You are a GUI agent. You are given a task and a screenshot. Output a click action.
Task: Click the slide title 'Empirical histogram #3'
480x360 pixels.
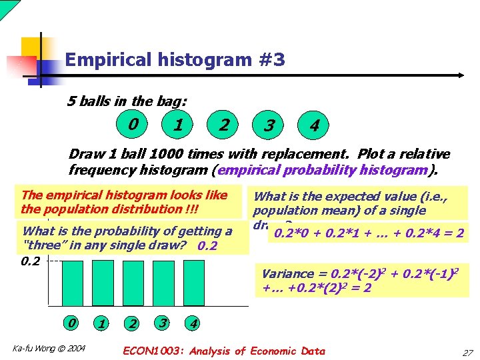point(175,61)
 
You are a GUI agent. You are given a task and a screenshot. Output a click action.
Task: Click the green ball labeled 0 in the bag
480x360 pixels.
point(135,124)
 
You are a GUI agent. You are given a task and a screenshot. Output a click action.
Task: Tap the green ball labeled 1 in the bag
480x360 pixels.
point(178,125)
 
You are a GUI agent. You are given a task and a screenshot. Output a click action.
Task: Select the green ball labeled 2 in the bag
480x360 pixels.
point(225,125)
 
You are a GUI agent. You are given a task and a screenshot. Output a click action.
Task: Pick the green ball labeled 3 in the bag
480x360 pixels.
point(269,125)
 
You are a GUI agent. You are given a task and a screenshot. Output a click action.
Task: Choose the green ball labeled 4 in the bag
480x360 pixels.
point(314,125)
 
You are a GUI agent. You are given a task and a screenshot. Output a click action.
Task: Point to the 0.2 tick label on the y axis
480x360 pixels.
point(31,261)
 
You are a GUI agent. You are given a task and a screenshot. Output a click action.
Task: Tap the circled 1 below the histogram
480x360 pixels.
point(101,323)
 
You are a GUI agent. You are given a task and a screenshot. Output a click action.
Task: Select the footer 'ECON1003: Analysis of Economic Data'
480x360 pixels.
point(225,351)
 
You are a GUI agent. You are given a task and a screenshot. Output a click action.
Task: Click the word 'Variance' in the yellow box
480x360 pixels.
point(287,273)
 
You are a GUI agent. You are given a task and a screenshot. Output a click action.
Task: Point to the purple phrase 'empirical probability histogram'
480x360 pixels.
point(322,169)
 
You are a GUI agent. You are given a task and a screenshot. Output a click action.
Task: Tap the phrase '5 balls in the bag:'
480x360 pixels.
point(127,101)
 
